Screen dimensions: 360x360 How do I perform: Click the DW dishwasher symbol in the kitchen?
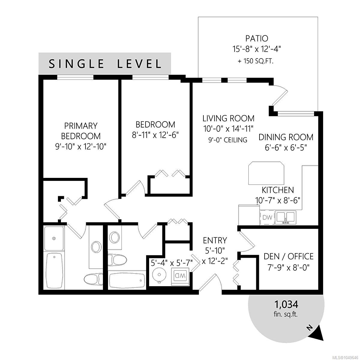(x=267, y=217)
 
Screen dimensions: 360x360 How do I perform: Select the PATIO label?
(x=257, y=38)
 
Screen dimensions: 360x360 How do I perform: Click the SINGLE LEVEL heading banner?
(x=105, y=63)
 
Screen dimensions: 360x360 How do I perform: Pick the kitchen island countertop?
(x=266, y=173)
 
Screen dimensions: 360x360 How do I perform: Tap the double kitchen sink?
(x=286, y=217)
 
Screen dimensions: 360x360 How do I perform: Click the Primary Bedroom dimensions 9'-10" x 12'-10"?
(x=81, y=147)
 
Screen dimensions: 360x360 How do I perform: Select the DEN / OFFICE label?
(x=288, y=256)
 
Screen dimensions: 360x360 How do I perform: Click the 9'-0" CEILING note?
(x=228, y=140)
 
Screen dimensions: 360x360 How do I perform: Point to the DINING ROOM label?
(x=286, y=137)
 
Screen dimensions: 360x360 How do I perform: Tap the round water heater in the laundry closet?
(x=159, y=274)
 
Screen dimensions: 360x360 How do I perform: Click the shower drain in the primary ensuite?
(x=54, y=238)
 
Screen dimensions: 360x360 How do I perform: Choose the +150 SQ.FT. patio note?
(x=256, y=61)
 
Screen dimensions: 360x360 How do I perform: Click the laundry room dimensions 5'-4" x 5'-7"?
(x=172, y=263)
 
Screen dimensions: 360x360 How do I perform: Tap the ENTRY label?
(x=215, y=240)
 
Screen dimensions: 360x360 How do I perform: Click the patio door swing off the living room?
(x=279, y=95)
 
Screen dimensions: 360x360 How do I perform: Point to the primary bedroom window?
(x=75, y=77)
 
